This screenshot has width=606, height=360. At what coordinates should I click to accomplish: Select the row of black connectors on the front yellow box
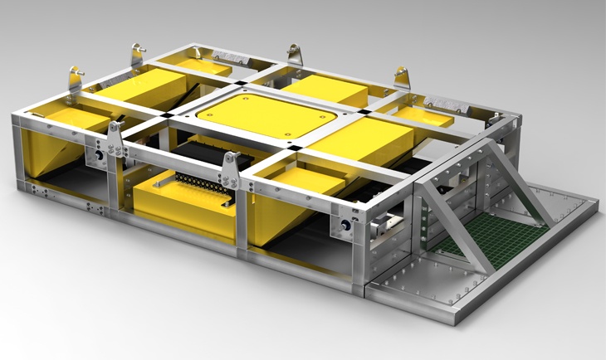pyautogui.click(x=187, y=182)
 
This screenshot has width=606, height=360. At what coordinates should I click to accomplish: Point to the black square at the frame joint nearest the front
pyautogui.click(x=287, y=151)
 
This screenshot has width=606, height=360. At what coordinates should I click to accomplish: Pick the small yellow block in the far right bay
pyautogui.click(x=419, y=116)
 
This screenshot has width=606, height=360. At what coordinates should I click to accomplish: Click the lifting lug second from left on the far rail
pyautogui.click(x=135, y=55)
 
